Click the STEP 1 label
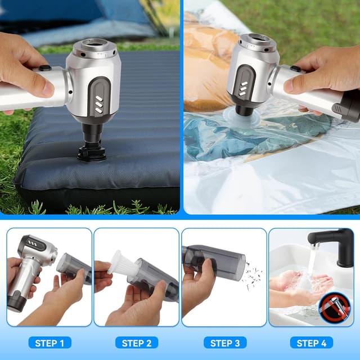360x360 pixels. [50, 343]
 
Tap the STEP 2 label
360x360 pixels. [137, 343]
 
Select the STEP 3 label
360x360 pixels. [224, 343]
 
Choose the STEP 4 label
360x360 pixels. [312, 343]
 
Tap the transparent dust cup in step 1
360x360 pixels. [73, 267]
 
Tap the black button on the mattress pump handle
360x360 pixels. [45, 68]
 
